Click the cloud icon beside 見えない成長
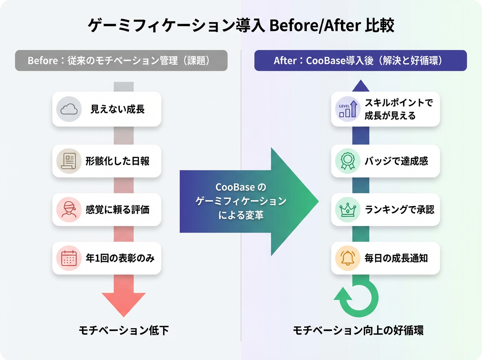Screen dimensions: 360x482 click(x=69, y=109)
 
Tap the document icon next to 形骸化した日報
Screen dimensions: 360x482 click(x=69, y=161)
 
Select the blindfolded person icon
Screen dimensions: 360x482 click(x=69, y=209)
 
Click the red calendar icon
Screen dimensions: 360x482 click(x=69, y=258)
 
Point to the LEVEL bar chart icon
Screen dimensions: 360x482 click(x=348, y=109)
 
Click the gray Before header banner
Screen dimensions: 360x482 click(x=121, y=61)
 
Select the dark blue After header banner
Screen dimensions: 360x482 click(x=360, y=61)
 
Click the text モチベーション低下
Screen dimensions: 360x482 click(x=123, y=331)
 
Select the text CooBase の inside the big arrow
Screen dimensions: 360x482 click(x=241, y=188)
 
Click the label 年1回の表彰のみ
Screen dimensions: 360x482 click(x=120, y=258)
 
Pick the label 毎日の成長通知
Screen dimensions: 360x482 click(x=396, y=258)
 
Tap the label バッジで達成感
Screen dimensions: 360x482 click(x=396, y=161)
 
